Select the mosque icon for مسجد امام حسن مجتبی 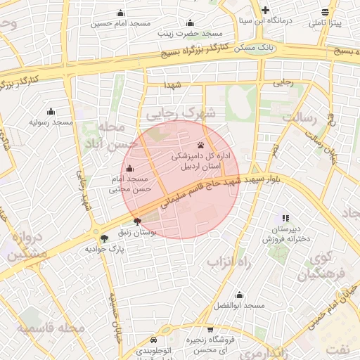(129, 169)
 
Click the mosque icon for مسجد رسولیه (51, 111)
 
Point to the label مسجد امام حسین (121, 23)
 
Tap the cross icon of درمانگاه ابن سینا (265, 10)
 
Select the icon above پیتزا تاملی (324, 12)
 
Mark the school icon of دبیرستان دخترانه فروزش (285, 219)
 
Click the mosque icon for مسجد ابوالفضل (239, 295)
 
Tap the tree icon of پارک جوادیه (105, 238)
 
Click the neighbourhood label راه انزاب (229, 262)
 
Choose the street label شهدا (173, 84)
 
